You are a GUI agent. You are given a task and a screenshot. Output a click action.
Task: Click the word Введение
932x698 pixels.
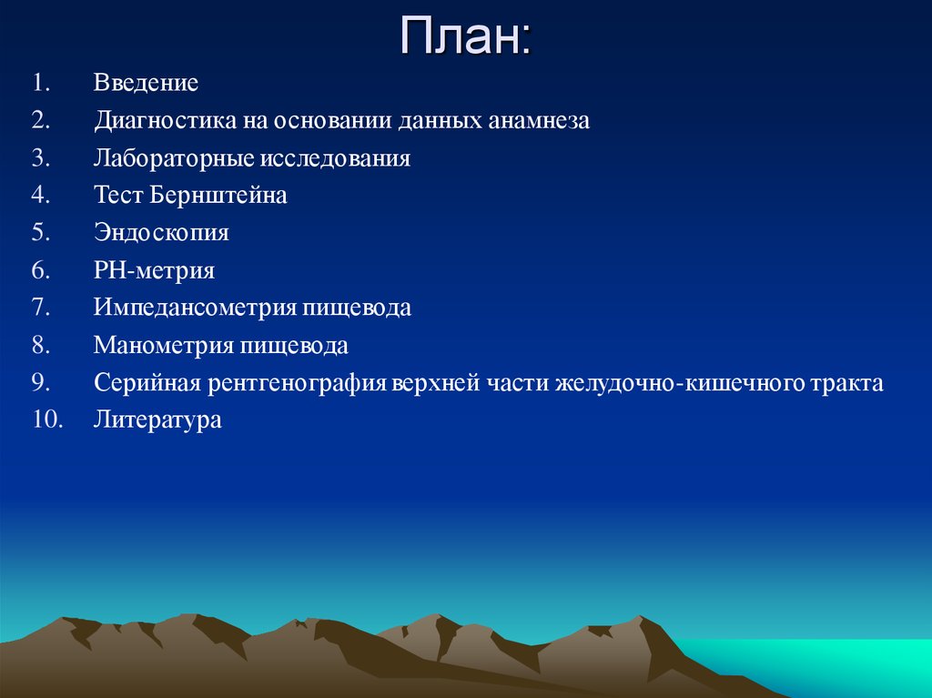coord(146,84)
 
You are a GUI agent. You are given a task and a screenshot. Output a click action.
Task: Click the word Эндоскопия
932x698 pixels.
coord(160,233)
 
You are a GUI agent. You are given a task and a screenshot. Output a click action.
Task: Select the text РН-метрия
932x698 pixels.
coord(154,270)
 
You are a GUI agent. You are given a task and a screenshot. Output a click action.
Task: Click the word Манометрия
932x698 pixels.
coord(164,346)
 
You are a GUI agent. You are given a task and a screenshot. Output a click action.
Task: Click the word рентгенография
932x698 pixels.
coord(298,383)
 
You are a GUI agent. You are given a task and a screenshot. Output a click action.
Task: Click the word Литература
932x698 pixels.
coord(157,420)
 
